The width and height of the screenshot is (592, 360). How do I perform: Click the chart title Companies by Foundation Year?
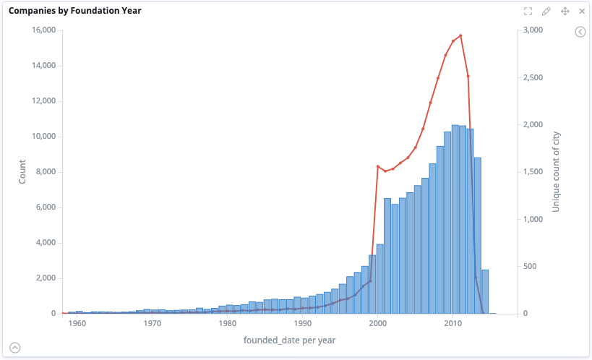(75, 11)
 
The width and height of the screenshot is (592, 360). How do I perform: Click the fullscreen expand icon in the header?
(528, 12)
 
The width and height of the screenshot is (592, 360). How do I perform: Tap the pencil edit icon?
(546, 12)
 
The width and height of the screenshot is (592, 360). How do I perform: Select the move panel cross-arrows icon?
(565, 12)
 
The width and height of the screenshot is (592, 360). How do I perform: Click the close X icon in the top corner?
(582, 12)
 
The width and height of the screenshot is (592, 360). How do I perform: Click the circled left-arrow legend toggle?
(580, 32)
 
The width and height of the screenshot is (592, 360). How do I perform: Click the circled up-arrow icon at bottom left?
(14, 347)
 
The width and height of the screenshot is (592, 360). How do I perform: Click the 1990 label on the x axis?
(302, 324)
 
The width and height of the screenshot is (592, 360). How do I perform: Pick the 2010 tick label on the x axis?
(452, 324)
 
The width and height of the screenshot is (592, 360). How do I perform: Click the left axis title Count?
(22, 171)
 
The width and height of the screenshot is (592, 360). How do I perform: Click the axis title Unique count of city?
(556, 172)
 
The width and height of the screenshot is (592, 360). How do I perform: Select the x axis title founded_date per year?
(289, 340)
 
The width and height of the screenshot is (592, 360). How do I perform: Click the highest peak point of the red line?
(460, 35)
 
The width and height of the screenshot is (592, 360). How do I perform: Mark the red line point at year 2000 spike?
(377, 166)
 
